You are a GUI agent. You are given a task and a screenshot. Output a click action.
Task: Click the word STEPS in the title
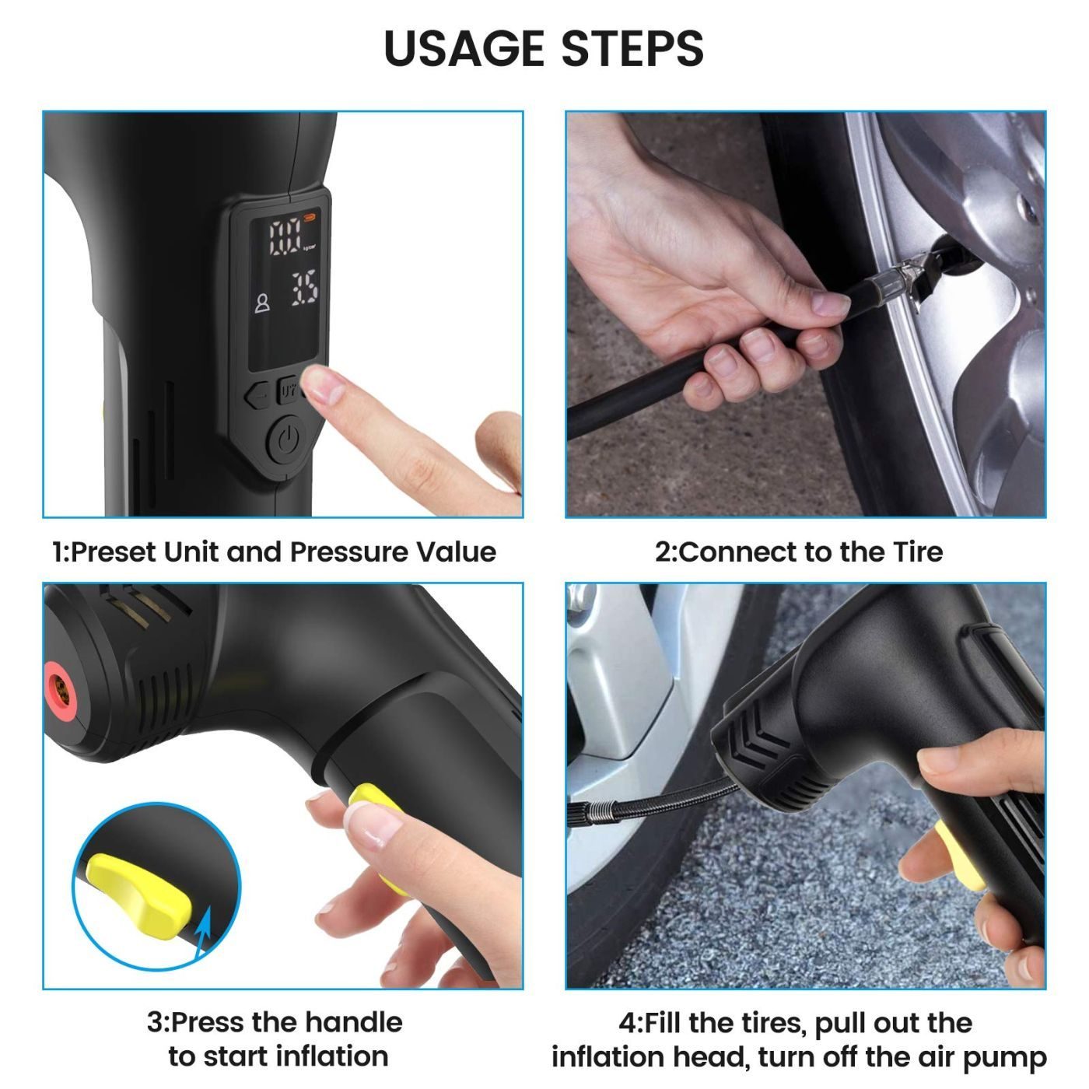pos(632,48)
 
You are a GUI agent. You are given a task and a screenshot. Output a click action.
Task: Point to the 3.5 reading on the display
pos(304,289)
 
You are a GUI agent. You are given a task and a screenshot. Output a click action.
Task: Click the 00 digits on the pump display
pos(285,238)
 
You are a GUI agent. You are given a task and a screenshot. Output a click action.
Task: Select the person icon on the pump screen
pos(261,303)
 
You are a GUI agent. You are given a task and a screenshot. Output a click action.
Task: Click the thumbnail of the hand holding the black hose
pos(830,304)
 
